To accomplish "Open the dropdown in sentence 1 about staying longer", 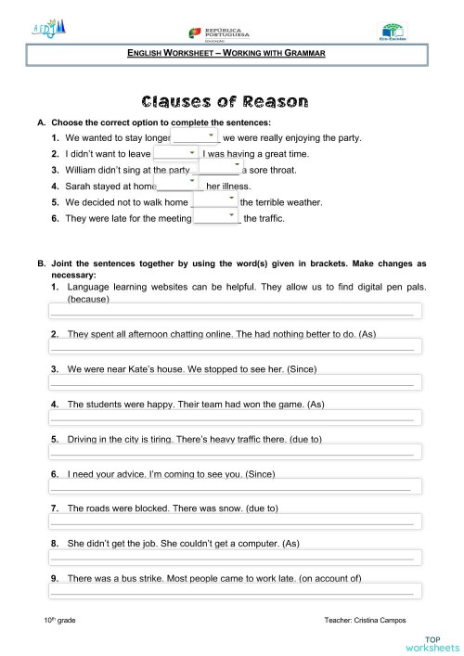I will click(x=193, y=137).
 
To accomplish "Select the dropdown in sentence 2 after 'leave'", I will click(x=174, y=153).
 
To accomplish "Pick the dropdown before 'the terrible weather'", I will click(x=214, y=200).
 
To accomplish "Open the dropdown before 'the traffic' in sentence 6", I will click(x=215, y=217).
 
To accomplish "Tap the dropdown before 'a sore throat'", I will click(x=219, y=168).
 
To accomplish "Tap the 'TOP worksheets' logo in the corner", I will click(x=432, y=643).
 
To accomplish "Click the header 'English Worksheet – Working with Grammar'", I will click(x=226, y=55).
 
